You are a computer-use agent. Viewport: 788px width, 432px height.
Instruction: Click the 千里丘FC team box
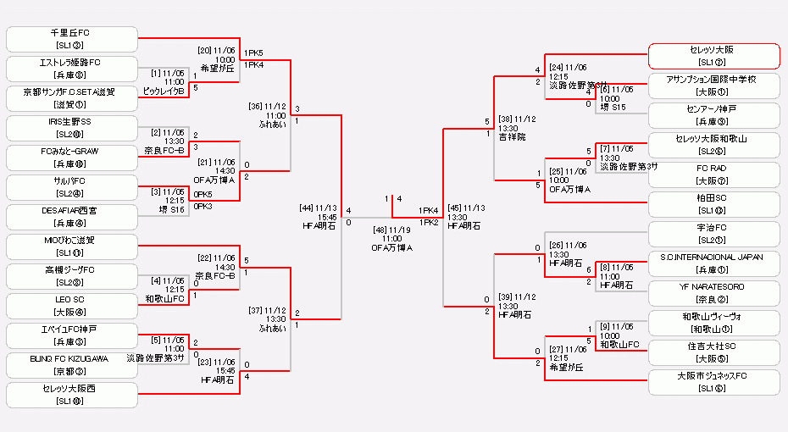coord(72,39)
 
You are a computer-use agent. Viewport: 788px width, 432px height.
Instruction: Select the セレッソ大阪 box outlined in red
coord(713,56)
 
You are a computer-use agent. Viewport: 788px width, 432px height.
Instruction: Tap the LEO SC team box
coord(72,306)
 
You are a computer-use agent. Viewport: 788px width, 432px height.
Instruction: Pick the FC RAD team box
coord(713,174)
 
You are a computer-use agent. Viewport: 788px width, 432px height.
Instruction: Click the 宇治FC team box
coord(713,234)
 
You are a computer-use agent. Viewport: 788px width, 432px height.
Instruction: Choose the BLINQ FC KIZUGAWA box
coord(72,365)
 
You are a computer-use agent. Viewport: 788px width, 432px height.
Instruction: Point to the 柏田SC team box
coord(713,204)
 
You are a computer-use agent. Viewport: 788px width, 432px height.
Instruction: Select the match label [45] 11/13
coord(466,208)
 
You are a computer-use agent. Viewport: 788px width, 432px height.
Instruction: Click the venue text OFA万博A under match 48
coord(391,248)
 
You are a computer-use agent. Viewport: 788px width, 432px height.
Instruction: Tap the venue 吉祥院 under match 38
coord(513,136)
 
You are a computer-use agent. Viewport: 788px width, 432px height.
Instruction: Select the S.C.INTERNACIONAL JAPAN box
coord(713,263)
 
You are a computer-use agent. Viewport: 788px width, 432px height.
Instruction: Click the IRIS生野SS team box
coord(72,128)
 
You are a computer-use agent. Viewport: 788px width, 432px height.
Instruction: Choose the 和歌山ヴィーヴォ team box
coord(713,323)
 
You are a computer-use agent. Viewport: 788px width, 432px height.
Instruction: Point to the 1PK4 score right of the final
coord(428,211)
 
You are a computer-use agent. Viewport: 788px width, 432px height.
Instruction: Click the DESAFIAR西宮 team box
coord(72,217)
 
